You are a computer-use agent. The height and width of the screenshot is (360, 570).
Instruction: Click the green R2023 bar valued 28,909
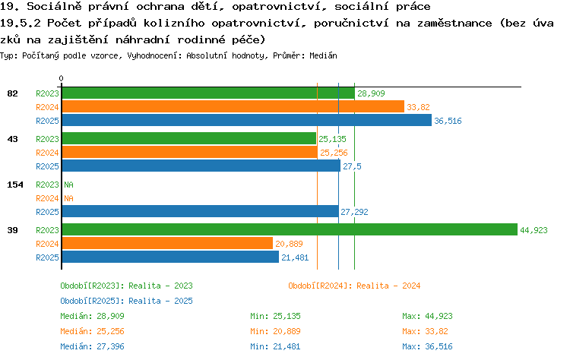click(x=208, y=93)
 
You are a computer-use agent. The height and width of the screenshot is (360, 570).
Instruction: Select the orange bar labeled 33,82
click(x=233, y=107)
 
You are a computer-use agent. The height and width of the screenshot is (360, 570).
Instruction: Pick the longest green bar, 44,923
click(x=290, y=229)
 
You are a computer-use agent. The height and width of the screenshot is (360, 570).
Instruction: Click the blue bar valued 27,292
click(x=201, y=211)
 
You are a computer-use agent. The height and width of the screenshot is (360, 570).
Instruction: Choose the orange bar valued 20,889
click(x=167, y=243)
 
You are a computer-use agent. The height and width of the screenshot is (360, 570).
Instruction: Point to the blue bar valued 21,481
click(x=170, y=257)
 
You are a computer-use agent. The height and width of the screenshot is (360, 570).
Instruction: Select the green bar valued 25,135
click(x=189, y=139)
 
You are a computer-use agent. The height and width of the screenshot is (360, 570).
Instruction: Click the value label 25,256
click(x=334, y=153)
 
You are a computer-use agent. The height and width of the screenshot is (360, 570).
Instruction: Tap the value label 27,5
click(x=352, y=166)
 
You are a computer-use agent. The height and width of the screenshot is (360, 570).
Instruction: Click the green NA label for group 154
click(x=68, y=185)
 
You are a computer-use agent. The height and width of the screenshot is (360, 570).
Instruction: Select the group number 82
click(x=12, y=93)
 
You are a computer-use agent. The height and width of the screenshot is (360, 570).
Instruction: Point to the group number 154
click(x=15, y=185)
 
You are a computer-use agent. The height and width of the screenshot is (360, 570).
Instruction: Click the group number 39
click(x=12, y=230)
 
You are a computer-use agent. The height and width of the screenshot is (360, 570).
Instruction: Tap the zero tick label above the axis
click(x=61, y=78)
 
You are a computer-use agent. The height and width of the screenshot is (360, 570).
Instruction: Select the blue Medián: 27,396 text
click(x=92, y=346)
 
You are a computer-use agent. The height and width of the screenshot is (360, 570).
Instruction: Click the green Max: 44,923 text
click(x=427, y=316)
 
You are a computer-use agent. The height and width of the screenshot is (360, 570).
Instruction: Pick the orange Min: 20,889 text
click(x=275, y=331)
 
